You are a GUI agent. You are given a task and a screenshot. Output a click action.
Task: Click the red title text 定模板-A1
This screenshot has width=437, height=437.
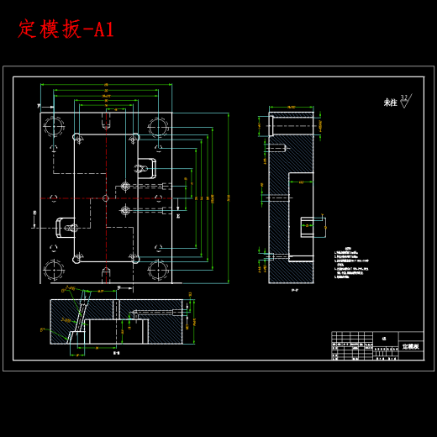pyautogui.click(x=66, y=29)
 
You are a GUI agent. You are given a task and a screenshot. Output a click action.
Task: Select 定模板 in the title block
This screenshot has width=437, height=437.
pyautogui.click(x=410, y=345)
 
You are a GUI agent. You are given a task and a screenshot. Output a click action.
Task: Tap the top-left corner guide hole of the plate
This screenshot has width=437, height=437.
pyautogui.click(x=55, y=127)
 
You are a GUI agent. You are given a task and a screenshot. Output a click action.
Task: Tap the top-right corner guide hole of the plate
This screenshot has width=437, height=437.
pyautogui.click(x=157, y=127)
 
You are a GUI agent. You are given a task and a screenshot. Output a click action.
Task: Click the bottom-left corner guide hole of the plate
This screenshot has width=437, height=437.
pyautogui.click(x=55, y=270)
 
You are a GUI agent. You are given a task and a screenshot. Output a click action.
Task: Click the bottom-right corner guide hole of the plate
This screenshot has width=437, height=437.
pyautogui.click(x=157, y=270)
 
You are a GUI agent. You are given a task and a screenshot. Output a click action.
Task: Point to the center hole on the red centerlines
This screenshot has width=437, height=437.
pyautogui.click(x=105, y=198)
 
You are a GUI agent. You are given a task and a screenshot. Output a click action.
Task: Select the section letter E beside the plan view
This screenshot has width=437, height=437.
pyautogui.click(x=177, y=216)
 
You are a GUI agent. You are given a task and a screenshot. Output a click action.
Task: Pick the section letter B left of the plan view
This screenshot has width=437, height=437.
pyautogui.click(x=34, y=214)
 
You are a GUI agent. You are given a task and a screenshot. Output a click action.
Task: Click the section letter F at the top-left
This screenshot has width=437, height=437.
pyautogui.click(x=39, y=106)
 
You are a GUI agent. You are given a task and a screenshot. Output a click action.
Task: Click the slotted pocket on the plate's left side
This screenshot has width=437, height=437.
pyautogui.click(x=66, y=227)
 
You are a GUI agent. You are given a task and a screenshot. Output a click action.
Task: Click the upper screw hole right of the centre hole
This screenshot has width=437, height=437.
pyautogui.click(x=125, y=186)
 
